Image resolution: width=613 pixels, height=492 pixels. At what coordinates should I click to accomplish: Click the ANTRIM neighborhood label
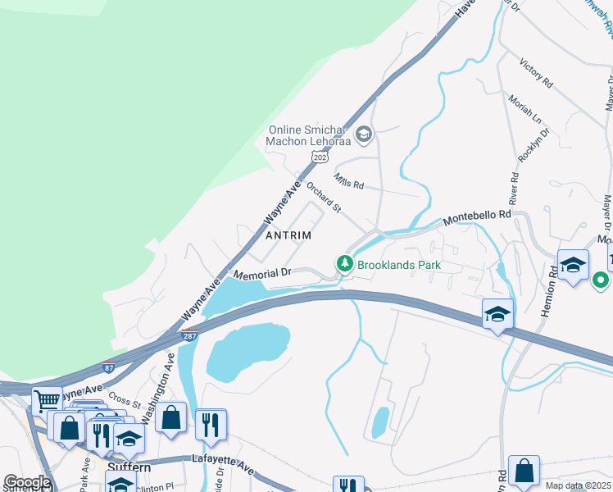point(289,235)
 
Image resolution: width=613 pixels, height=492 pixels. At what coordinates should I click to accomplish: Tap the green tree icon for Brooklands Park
point(345,264)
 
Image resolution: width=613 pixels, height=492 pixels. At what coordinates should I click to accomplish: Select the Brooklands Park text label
point(400,265)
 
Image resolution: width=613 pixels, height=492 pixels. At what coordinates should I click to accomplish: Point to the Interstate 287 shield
point(189,335)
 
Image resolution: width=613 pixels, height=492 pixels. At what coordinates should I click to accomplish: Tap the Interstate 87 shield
point(108,367)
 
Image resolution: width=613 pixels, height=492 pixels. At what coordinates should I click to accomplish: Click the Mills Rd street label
point(348,180)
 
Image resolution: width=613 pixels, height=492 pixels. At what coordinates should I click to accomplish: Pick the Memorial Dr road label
point(263,273)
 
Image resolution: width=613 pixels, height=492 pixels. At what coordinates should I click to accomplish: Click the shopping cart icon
point(47,402)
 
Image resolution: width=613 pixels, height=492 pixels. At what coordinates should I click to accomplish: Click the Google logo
point(26,482)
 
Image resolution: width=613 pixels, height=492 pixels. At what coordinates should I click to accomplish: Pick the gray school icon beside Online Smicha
point(363,133)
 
